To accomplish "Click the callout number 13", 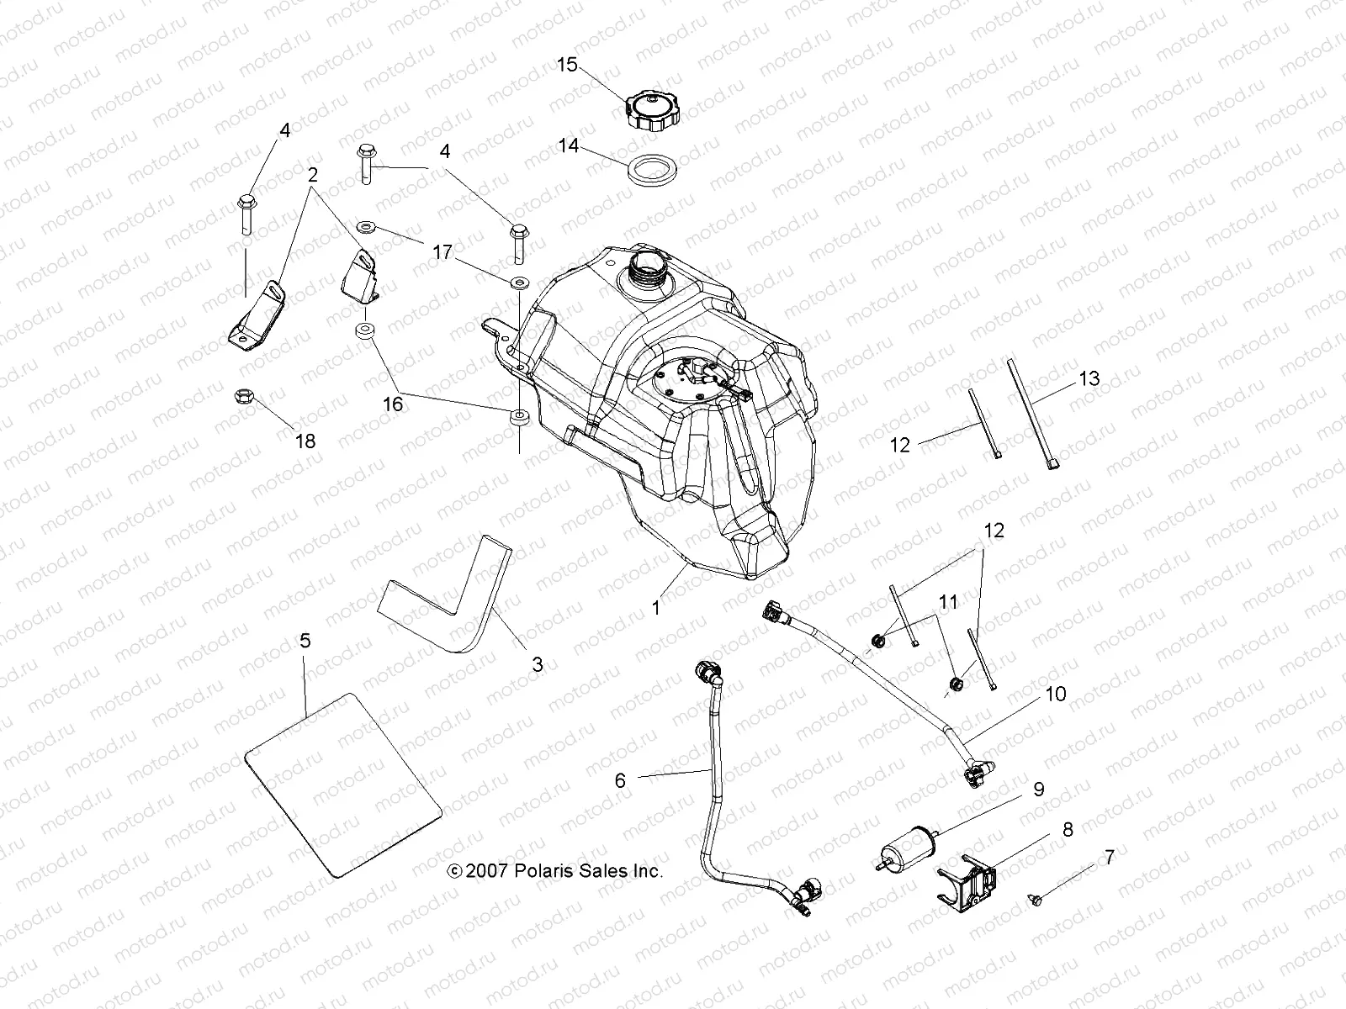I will coord(1089,378).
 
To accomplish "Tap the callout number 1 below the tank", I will coord(656,607).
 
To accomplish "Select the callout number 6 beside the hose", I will coord(620,780).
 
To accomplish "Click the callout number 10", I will coord(1056,694).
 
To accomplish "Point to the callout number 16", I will coord(393,404).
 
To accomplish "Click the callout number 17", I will coord(442,251).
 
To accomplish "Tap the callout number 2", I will coord(312,176).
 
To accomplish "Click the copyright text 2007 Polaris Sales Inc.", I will coord(555,871).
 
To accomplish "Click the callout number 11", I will coord(948,601).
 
